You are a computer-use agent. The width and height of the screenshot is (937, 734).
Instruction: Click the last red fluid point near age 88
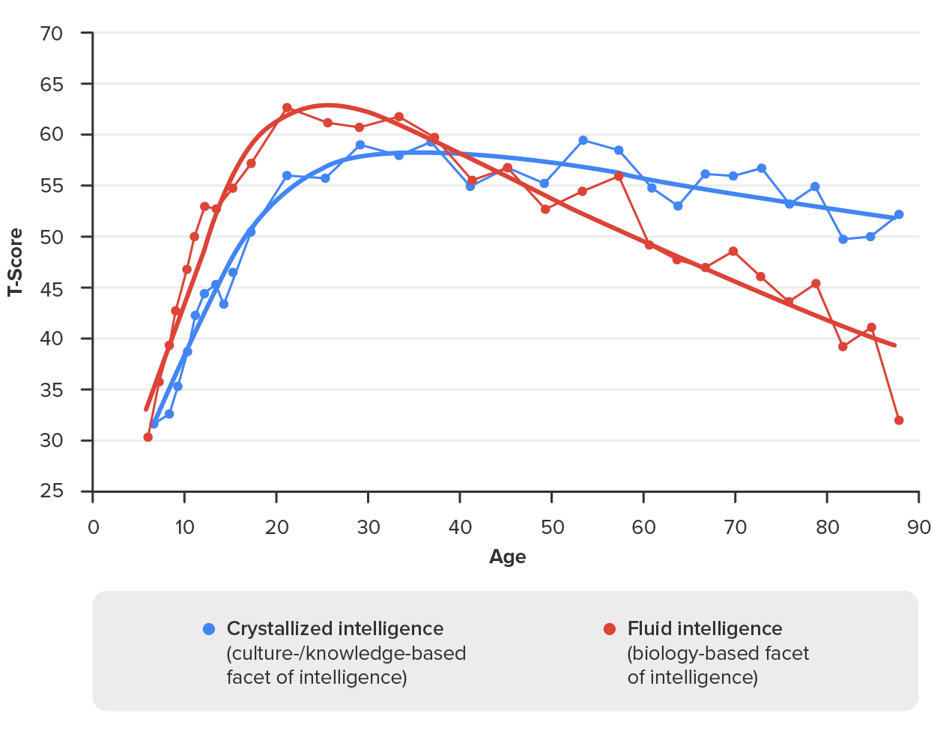pyautogui.click(x=899, y=420)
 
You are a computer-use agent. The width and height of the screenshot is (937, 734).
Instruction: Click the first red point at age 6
pyautogui.click(x=148, y=437)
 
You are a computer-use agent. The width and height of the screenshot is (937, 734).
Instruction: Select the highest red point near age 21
pyautogui.click(x=287, y=108)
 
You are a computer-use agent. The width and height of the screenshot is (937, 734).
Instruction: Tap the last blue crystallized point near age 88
pyautogui.click(x=899, y=214)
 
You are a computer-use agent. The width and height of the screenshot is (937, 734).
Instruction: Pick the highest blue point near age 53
pyautogui.click(x=583, y=140)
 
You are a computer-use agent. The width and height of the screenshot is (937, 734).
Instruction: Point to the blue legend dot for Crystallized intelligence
pyautogui.click(x=209, y=629)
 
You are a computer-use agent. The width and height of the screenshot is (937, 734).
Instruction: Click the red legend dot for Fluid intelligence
pyautogui.click(x=610, y=629)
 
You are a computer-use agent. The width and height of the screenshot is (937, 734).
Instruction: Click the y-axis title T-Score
pyautogui.click(x=15, y=262)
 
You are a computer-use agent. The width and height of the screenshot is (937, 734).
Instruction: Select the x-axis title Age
pyautogui.click(x=507, y=556)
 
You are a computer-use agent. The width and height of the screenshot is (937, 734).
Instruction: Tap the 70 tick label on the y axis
pyautogui.click(x=51, y=34)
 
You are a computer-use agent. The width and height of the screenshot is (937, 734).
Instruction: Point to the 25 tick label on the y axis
pyautogui.click(x=51, y=491)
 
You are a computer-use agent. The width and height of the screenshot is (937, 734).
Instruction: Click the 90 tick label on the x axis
pyautogui.click(x=919, y=527)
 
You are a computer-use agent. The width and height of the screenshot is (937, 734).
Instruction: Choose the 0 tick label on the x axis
pyautogui.click(x=93, y=527)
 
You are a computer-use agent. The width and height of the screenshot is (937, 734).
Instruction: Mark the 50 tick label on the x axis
pyautogui.click(x=552, y=527)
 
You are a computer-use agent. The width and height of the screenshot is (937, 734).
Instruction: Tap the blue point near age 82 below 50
pyautogui.click(x=843, y=239)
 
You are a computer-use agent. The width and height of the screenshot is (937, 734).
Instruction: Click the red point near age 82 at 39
pyautogui.click(x=843, y=346)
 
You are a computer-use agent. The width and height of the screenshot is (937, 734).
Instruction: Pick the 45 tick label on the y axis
pyautogui.click(x=51, y=288)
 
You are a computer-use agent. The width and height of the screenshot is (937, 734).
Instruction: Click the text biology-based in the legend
pyautogui.click(x=683, y=653)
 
